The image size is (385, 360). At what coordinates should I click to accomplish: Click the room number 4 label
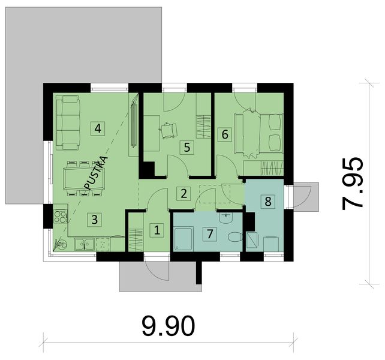point(97,127)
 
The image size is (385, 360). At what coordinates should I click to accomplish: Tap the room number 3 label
point(94,219)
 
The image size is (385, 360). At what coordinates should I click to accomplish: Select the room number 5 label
point(187,146)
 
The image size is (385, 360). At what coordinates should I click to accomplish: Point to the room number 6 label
point(225,134)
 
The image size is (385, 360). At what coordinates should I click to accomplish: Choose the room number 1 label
point(157,229)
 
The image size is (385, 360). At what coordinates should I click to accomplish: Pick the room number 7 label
point(209,233)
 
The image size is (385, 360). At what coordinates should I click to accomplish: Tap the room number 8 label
point(268,201)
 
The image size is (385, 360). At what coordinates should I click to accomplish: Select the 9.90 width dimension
point(169,326)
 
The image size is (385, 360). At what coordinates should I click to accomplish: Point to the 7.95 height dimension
point(352,183)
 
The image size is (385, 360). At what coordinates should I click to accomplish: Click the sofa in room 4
point(68,122)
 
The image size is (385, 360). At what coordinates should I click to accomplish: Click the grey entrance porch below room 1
point(158,275)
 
